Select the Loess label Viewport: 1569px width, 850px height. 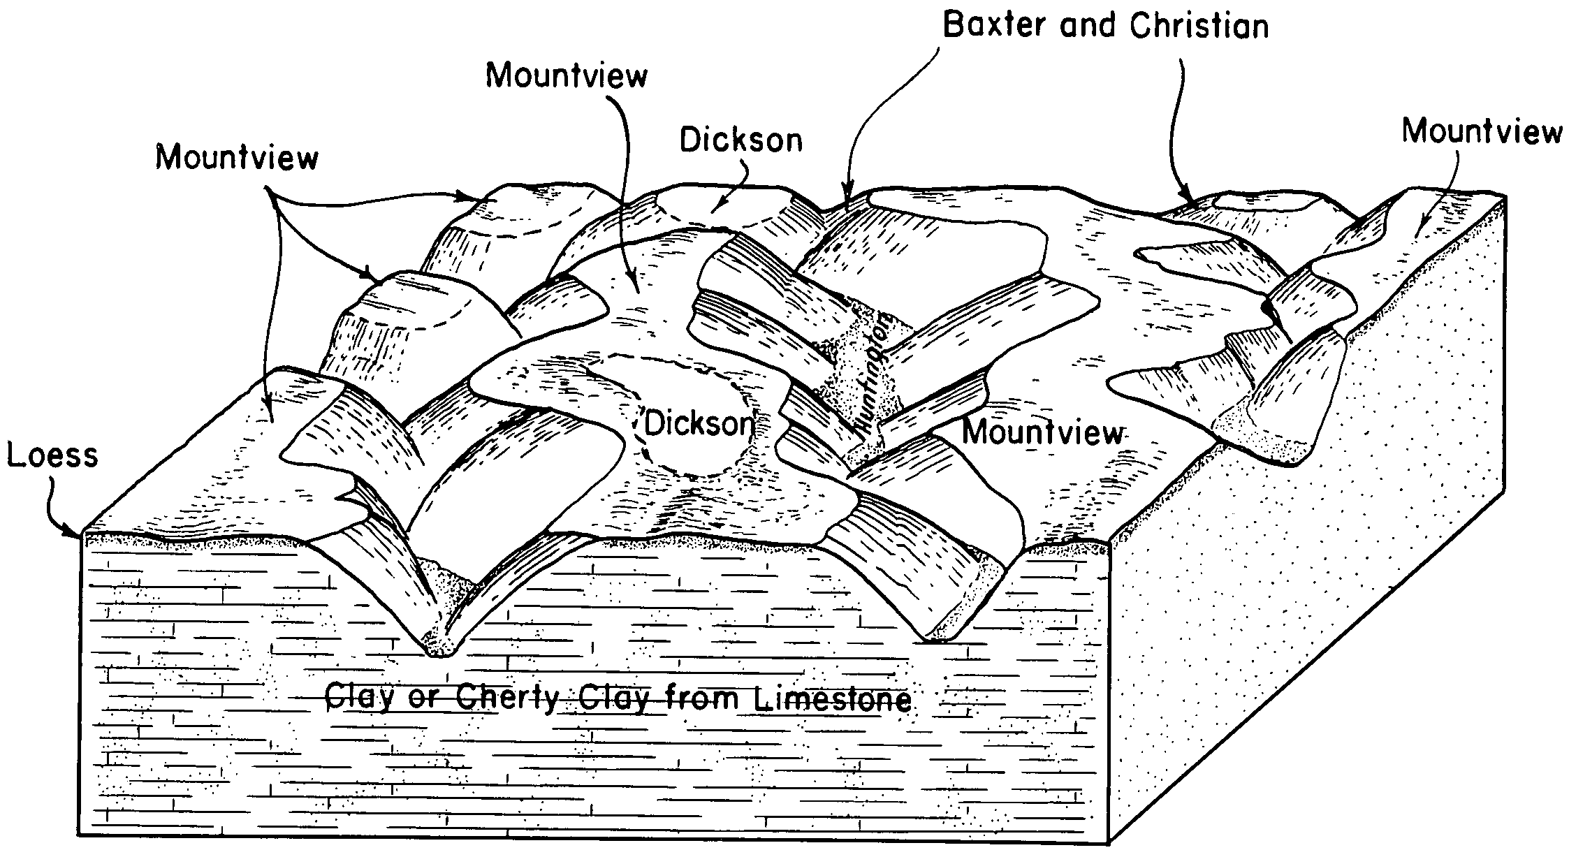tap(53, 455)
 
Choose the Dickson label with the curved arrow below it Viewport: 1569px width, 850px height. tap(741, 140)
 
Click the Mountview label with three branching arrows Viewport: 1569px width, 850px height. tap(237, 157)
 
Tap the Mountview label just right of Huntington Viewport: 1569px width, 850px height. tap(1043, 432)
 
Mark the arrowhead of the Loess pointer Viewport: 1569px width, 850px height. tap(78, 535)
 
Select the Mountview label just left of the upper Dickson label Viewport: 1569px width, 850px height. tap(567, 75)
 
